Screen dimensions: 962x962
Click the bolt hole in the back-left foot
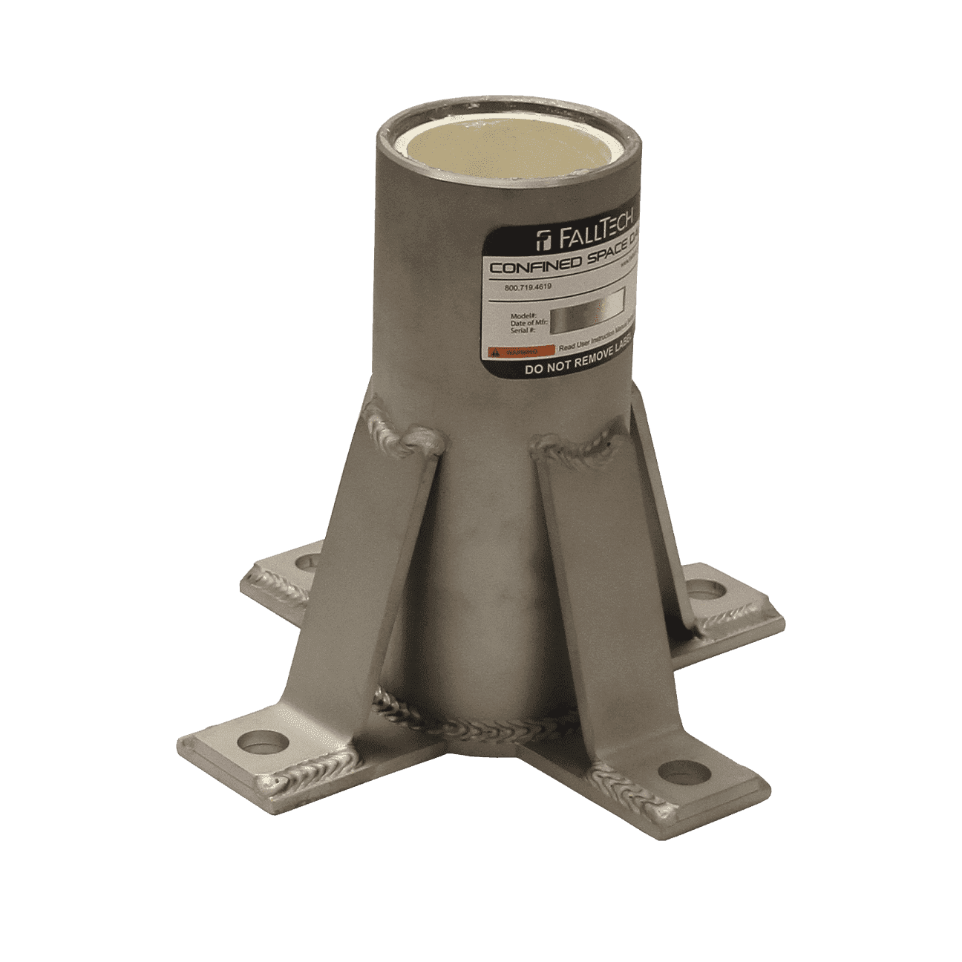(304, 563)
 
